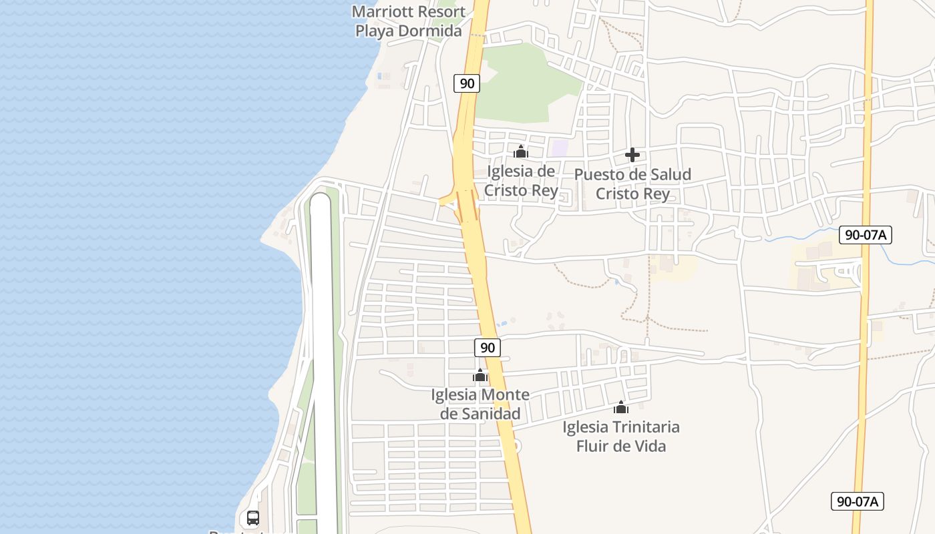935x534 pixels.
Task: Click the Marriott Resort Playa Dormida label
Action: point(408,21)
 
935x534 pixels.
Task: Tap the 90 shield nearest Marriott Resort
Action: point(467,83)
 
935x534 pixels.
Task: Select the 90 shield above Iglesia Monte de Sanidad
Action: point(488,347)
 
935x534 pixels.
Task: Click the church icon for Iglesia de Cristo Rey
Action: point(521,152)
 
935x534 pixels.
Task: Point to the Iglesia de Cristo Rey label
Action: point(521,181)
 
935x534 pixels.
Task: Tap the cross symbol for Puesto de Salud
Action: point(632,156)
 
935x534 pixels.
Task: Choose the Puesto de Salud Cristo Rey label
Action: point(632,184)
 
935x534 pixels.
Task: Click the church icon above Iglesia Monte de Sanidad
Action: point(480,376)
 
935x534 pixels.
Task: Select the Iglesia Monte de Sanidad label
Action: point(480,404)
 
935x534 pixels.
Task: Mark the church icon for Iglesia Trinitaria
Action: point(621,407)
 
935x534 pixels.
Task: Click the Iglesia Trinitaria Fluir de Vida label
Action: point(621,436)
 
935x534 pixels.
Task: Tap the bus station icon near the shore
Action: point(253,518)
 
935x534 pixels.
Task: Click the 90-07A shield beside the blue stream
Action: point(866,234)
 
